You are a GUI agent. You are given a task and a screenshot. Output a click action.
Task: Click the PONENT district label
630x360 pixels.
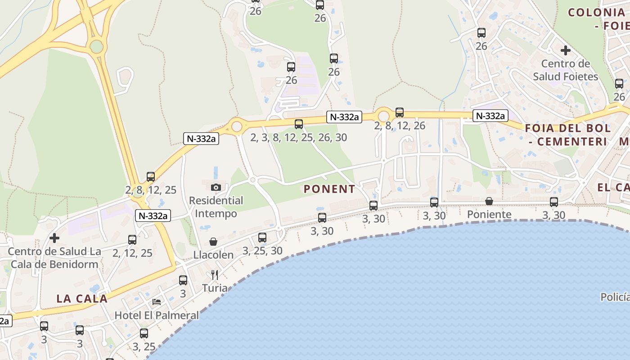(329, 189)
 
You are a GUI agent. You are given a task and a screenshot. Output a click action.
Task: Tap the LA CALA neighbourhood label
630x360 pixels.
(82, 298)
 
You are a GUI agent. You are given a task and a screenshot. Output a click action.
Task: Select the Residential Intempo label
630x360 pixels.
(216, 207)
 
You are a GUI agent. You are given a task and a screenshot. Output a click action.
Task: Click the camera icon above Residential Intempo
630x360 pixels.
(216, 187)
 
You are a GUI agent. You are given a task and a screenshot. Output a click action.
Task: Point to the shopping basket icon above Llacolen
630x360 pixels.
(213, 242)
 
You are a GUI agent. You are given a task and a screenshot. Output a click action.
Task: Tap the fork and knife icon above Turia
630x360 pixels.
(215, 275)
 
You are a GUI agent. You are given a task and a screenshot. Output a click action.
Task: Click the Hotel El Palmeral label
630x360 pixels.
(157, 315)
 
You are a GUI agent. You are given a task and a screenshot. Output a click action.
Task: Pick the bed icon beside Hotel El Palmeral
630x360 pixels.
(157, 301)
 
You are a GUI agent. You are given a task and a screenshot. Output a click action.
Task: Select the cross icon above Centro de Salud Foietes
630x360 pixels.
(566, 50)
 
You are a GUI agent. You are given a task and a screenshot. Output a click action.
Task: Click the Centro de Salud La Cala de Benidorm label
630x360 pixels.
(54, 258)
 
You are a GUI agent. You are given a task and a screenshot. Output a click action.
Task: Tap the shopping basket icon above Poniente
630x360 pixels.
(489, 201)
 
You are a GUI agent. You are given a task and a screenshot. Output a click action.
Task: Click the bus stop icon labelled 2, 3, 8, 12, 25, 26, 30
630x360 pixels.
(299, 124)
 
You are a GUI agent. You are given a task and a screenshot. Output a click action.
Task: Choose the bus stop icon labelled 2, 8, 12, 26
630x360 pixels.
(400, 112)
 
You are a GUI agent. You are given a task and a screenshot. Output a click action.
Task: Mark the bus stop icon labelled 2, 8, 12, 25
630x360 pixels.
(151, 177)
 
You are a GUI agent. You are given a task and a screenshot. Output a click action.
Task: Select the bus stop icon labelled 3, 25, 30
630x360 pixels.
(262, 238)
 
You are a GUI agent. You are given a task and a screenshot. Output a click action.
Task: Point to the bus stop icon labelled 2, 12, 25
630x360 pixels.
(132, 240)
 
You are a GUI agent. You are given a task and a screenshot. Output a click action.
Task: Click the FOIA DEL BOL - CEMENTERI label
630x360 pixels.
(568, 135)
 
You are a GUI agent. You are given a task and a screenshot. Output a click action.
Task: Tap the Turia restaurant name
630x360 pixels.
(215, 288)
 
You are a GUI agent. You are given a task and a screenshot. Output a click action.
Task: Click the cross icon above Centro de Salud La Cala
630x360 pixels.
(54, 238)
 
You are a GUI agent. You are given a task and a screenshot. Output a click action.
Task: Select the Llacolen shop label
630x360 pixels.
(213, 255)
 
